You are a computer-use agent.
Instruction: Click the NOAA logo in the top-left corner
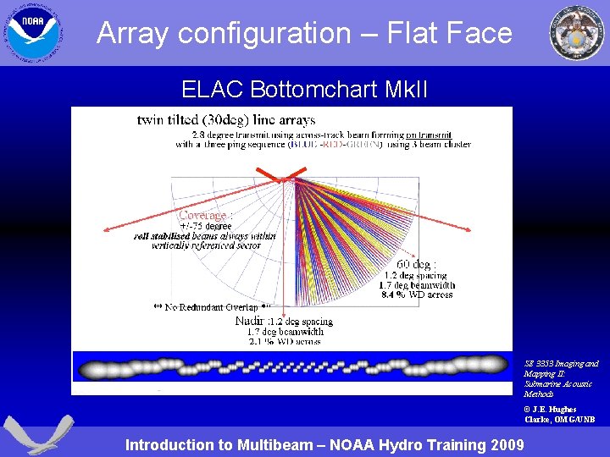[x=32, y=31]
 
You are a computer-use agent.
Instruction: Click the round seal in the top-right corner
[x=577, y=33]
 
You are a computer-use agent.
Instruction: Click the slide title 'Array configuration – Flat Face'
[x=304, y=33]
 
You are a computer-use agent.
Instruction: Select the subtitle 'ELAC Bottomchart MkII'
[x=280, y=89]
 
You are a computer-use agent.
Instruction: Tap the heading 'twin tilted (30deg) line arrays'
[x=226, y=120]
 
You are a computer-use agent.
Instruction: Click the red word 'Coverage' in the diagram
[x=202, y=215]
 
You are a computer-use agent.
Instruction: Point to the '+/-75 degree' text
[x=205, y=226]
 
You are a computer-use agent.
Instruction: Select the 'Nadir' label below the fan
[x=249, y=321]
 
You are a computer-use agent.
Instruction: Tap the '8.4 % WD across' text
[x=418, y=295]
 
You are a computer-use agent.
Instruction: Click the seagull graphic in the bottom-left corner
[x=32, y=434]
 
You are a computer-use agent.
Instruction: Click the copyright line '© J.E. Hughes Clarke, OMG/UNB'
[x=559, y=414]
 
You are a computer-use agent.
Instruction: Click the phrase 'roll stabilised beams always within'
[x=204, y=236]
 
